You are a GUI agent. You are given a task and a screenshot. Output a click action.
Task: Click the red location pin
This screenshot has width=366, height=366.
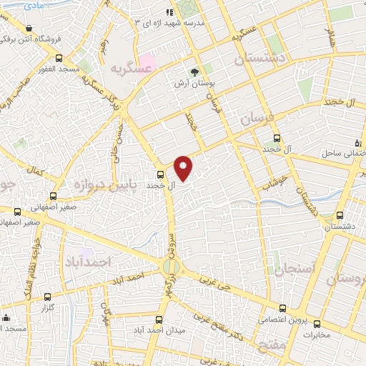pos(184,167)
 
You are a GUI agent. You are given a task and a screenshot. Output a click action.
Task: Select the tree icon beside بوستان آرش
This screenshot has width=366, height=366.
pos(194,72)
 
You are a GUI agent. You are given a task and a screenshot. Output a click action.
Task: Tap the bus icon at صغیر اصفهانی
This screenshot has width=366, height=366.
pos(18,211)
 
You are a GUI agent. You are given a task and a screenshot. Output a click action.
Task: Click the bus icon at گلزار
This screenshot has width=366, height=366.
pos(48,296)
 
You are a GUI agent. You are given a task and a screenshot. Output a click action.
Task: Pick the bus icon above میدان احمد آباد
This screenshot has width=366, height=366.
pos(159,320)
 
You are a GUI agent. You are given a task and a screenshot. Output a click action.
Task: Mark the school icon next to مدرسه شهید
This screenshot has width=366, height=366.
pos(169,11)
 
